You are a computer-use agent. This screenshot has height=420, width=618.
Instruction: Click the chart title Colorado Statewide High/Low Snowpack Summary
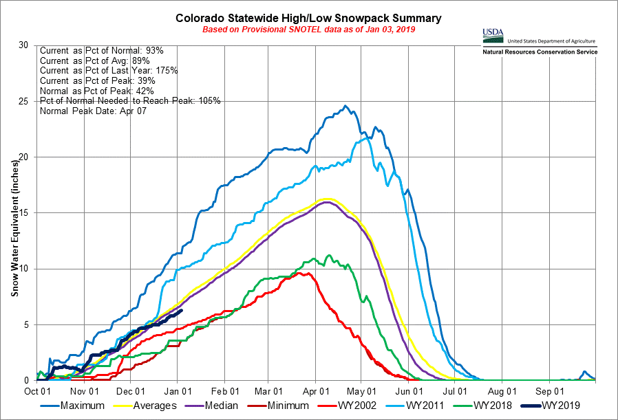(308, 18)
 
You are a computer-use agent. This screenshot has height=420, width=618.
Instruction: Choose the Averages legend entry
(156, 406)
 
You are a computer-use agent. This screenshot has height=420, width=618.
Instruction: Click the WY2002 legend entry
(379, 406)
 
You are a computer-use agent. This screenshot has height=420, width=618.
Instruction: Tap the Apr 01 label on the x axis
(315, 390)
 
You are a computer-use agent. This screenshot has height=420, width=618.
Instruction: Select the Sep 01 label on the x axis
(548, 390)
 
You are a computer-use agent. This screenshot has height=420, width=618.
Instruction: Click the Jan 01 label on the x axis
(178, 390)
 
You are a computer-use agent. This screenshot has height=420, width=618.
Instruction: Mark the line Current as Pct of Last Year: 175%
(109, 71)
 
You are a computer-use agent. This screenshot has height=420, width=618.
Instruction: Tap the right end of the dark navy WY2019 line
(181, 310)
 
